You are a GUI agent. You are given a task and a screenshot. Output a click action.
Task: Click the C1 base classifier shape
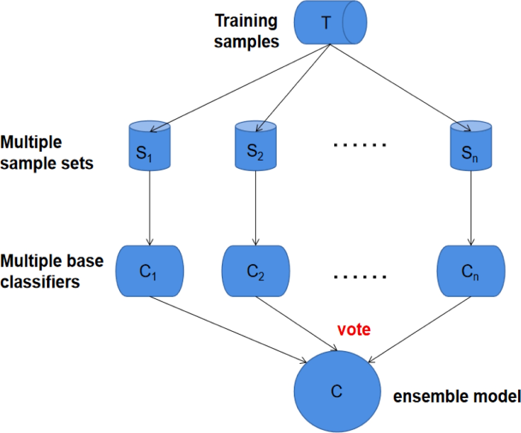pos(150,270)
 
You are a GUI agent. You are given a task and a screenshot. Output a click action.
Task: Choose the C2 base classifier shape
pos(255,270)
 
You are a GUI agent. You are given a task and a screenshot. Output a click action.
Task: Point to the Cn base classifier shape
pos(469,270)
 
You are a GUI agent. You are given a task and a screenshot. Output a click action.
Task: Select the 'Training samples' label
pos(246,32)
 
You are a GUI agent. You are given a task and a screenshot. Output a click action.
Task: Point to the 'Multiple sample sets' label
pos(47,152)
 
